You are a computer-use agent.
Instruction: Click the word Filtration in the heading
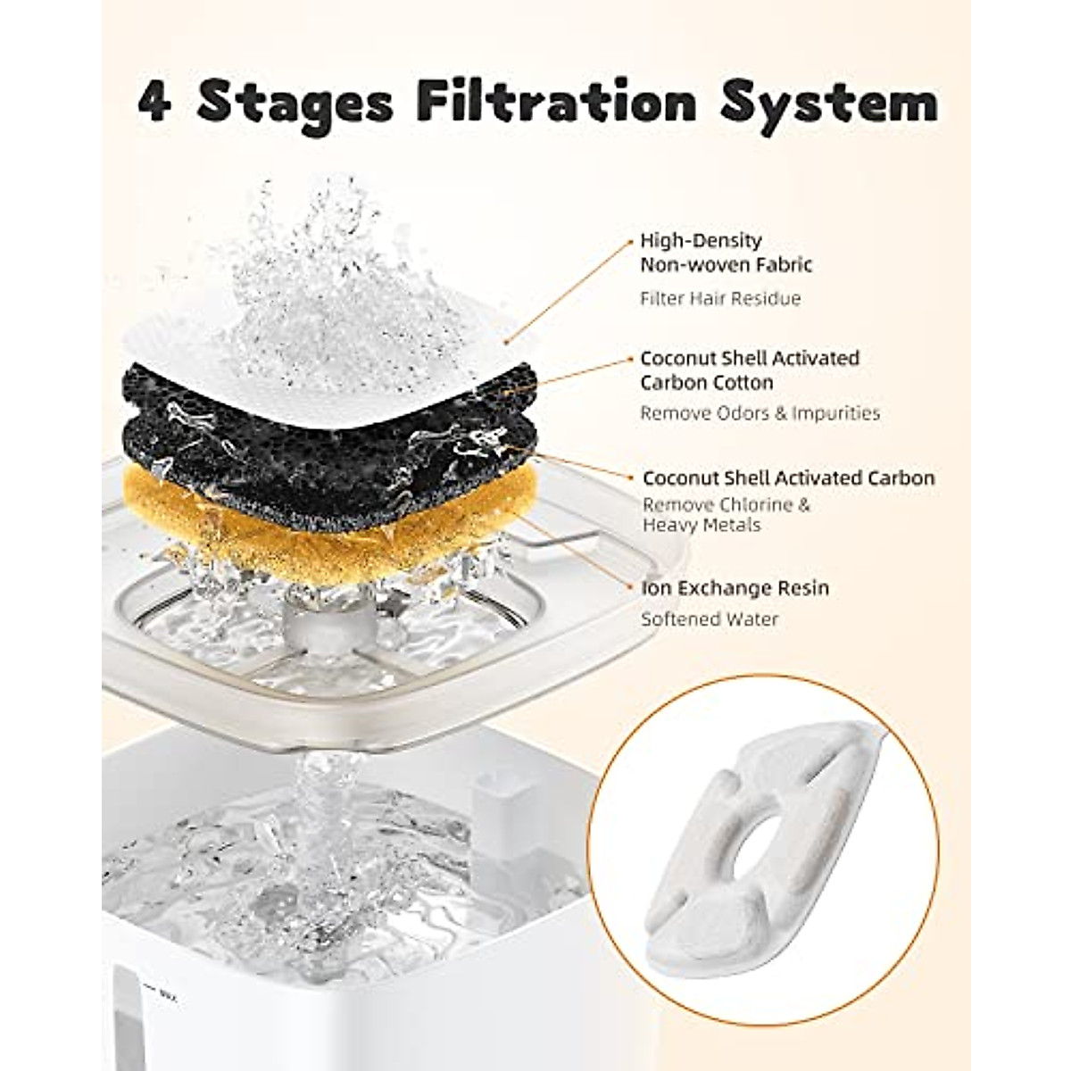(556, 103)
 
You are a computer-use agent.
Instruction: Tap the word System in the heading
(829, 104)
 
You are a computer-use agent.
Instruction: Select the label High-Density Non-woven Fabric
(726, 253)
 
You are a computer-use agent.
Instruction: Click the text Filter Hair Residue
(720, 299)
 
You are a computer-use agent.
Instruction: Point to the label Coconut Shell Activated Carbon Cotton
(750, 370)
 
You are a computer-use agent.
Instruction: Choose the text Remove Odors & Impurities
(760, 413)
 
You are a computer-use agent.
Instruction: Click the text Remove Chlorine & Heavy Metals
(726, 515)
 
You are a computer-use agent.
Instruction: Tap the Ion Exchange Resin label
(735, 588)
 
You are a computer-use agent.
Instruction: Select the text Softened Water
(710, 619)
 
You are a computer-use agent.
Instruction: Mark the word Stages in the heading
(295, 104)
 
